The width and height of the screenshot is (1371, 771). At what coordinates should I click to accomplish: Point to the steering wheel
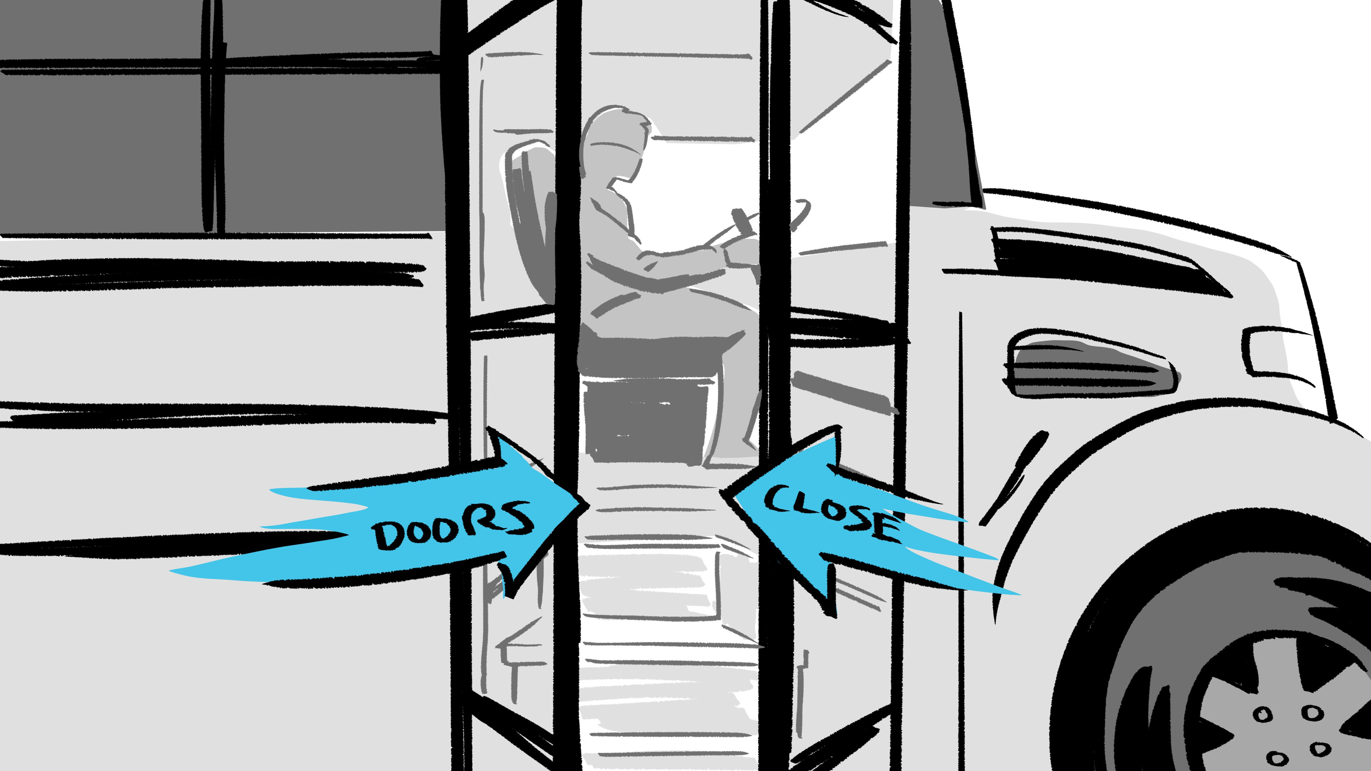tap(798, 213)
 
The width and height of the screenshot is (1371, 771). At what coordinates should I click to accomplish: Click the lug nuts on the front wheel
tap(1293, 734)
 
